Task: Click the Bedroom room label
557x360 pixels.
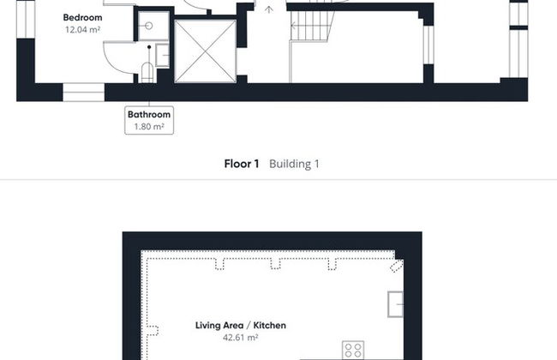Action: [82, 17]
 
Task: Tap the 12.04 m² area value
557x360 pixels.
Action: [82, 29]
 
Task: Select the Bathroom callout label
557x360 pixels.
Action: [149, 115]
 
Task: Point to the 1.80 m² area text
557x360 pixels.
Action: [149, 127]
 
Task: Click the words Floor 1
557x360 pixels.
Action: [242, 164]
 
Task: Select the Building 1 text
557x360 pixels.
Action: [294, 164]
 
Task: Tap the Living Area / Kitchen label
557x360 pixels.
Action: [241, 325]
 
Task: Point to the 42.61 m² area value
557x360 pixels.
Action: [241, 337]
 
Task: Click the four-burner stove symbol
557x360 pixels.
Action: [353, 350]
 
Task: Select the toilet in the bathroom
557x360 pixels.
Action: [147, 73]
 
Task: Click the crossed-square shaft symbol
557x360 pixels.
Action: [206, 51]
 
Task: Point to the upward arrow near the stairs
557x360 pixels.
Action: [269, 9]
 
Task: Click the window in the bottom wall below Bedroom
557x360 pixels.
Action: [84, 92]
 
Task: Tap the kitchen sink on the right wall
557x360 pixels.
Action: [395, 304]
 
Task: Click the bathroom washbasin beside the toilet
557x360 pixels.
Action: [162, 55]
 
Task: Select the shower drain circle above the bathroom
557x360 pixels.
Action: [149, 26]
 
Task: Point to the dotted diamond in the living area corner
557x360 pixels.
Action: [397, 266]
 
